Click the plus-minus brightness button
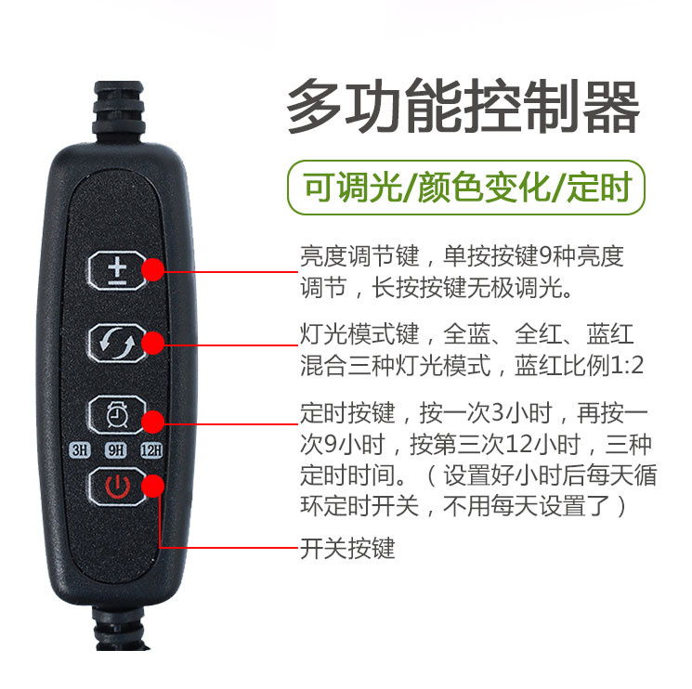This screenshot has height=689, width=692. pos(117,271)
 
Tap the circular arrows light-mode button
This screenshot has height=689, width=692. pos(117,344)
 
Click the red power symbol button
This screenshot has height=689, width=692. pos(117,487)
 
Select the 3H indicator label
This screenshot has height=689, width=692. pos(80,450)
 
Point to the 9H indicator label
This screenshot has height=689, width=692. pos(115,450)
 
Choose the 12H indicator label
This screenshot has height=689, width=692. pos(151,450)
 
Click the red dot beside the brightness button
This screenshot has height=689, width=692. pos(153,270)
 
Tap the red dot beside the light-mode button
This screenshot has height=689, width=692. pos(153,344)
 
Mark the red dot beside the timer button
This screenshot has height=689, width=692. pos(153,422)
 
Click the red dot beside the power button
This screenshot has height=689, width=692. pos(153,486)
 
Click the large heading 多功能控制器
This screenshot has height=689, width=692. pos(464,106)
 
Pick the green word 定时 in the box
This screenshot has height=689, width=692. pos(599,188)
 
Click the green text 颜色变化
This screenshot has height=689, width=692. pos(484,188)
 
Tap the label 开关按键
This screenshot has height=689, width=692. pos(347,549)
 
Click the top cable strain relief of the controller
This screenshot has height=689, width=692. pos(119,110)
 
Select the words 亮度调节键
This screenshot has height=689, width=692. pos(360,256)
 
